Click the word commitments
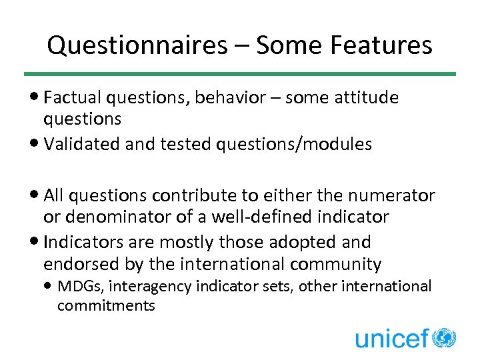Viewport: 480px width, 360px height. (x=106, y=306)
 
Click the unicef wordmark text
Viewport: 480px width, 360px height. (x=391, y=339)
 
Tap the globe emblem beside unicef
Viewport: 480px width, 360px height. (x=443, y=337)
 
